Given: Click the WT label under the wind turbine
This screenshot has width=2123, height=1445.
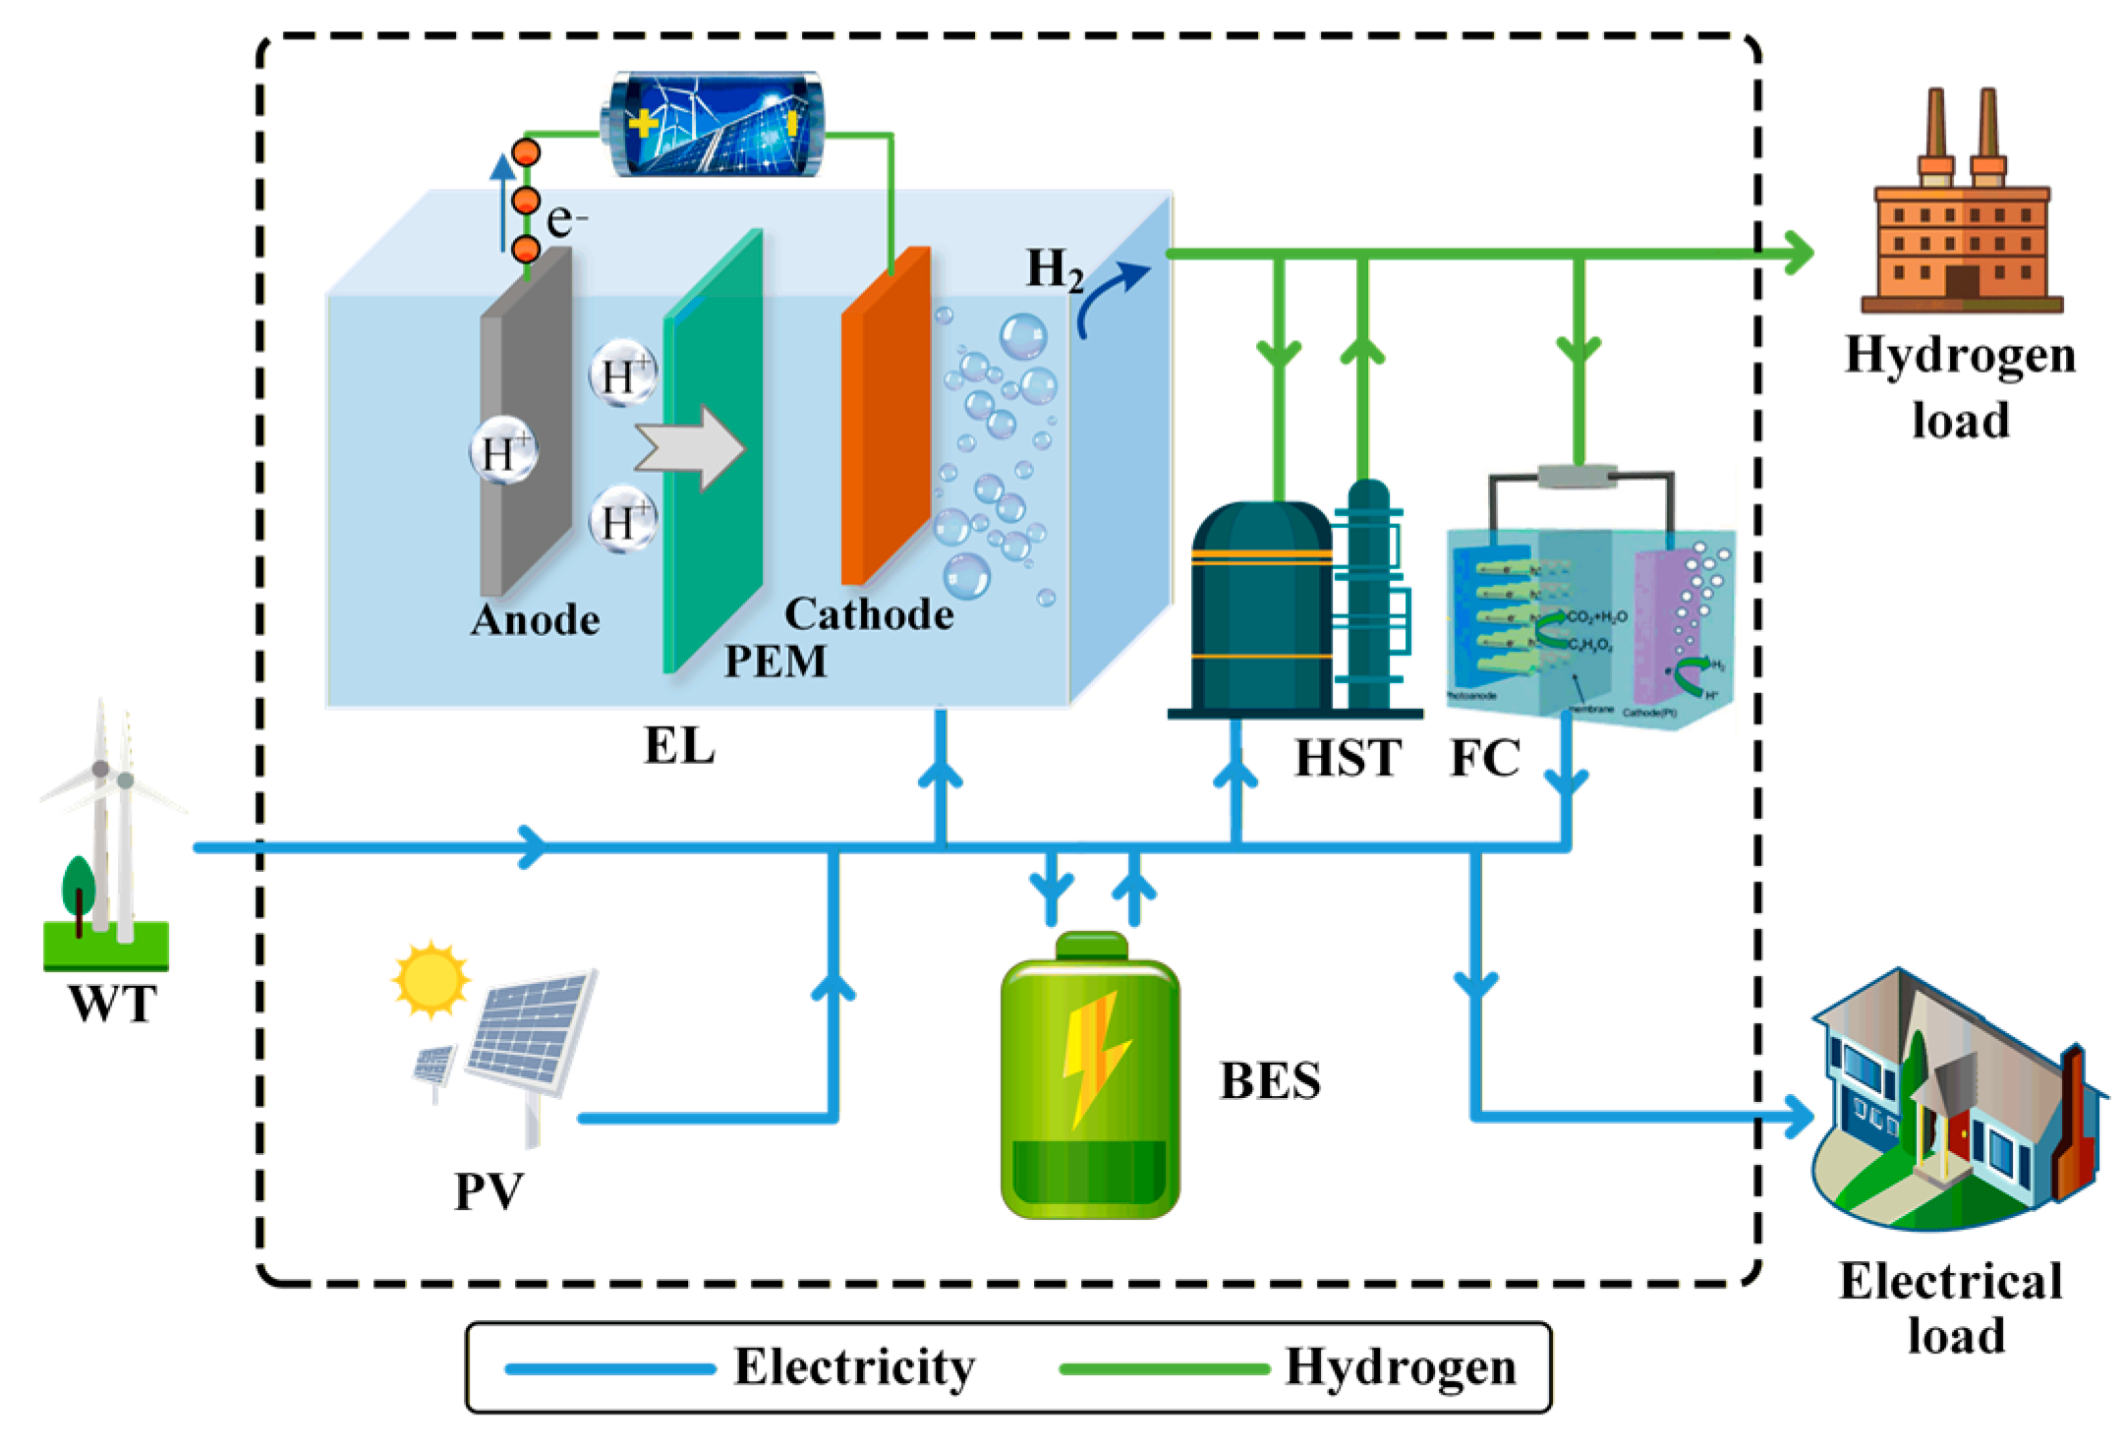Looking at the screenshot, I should click(x=112, y=1004).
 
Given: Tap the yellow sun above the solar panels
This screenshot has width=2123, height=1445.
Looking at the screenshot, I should click(x=430, y=979).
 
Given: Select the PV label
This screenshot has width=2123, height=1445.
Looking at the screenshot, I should click(x=488, y=1191).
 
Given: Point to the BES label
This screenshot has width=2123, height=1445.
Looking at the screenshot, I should click(x=1270, y=1081).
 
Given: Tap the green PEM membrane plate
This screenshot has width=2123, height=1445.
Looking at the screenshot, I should click(x=714, y=452).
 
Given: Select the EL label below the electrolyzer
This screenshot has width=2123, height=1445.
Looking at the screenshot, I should click(x=678, y=746).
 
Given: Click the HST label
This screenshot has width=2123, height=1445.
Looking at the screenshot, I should click(x=1348, y=758).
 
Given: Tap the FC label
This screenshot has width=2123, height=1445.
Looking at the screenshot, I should click(x=1484, y=758).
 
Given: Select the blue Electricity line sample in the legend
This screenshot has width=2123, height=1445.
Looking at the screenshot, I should click(x=609, y=1368).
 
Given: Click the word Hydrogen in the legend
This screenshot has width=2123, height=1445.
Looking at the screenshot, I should click(x=1401, y=1367).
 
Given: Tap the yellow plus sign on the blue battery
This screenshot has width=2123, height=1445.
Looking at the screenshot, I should click(x=643, y=124).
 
